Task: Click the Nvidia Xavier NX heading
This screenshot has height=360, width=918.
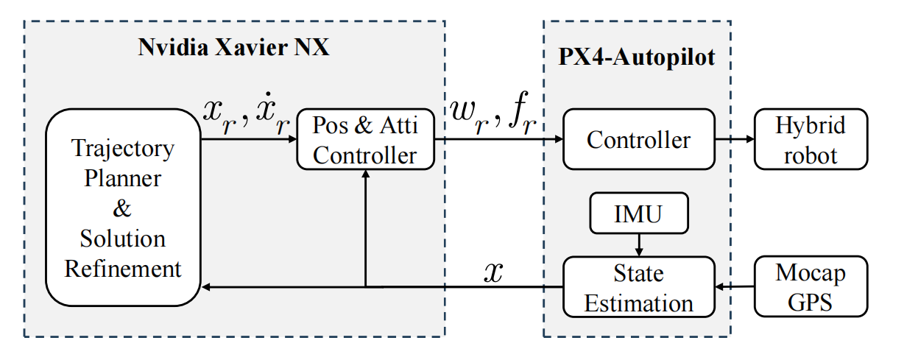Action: (x=234, y=49)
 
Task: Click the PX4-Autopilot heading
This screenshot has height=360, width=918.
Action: (x=637, y=57)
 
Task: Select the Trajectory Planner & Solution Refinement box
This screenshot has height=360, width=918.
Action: (x=123, y=208)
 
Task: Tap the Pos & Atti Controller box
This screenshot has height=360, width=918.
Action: (x=365, y=139)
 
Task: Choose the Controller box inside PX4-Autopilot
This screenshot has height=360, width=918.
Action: (x=638, y=139)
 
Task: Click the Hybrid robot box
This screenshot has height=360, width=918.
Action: (x=811, y=139)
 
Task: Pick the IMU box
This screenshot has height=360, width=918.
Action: (x=638, y=214)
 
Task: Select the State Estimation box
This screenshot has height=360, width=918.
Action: (x=638, y=287)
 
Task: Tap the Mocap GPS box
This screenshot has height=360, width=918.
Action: (x=811, y=287)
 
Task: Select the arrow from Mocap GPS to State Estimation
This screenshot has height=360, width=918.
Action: (x=735, y=286)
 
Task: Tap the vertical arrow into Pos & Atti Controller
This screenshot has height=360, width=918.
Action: (x=366, y=228)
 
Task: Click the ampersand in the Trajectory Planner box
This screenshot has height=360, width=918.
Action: (x=122, y=208)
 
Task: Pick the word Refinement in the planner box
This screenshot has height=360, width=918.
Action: (x=123, y=268)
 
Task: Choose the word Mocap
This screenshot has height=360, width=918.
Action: (x=811, y=274)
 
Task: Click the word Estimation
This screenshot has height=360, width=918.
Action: (x=638, y=303)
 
